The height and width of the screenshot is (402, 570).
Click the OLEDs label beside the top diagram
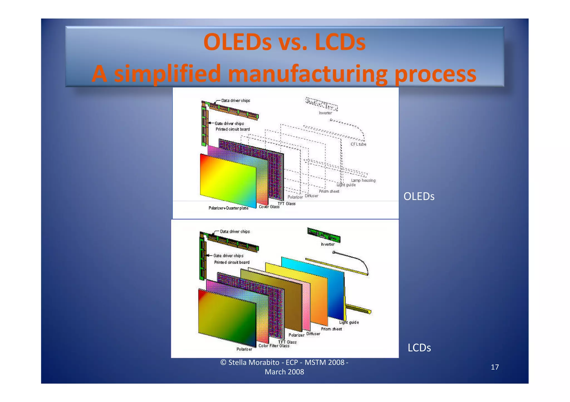click(419, 196)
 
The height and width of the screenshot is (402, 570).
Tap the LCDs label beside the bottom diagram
click(419, 348)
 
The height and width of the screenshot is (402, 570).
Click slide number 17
click(495, 367)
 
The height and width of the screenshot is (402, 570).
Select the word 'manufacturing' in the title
click(307, 74)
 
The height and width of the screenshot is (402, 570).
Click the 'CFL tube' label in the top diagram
click(358, 144)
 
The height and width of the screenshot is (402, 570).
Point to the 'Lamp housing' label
click(363, 180)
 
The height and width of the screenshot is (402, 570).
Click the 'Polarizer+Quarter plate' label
click(228, 208)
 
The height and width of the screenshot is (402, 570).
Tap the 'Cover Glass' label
click(269, 207)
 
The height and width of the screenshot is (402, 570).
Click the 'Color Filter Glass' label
click(274, 346)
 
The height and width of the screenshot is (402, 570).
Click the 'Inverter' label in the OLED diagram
click(325, 113)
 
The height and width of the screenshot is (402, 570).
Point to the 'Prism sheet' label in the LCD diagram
click(331, 329)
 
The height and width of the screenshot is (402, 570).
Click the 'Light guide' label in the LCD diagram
click(349, 322)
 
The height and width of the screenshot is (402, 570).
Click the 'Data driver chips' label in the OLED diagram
click(235, 101)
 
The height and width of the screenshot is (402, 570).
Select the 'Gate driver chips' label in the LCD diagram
click(228, 256)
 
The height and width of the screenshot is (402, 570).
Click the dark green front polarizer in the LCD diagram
click(227, 317)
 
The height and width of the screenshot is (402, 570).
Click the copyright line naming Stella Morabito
click(284, 363)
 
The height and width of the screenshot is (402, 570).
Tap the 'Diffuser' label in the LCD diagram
click(313, 334)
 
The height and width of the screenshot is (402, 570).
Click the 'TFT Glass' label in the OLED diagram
click(286, 204)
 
